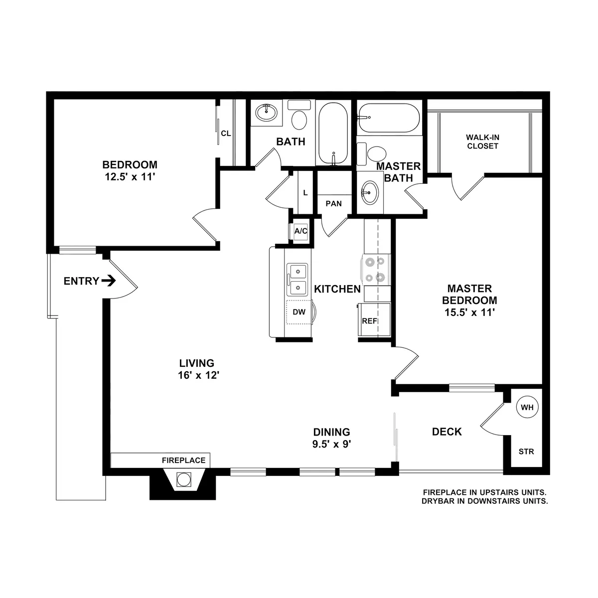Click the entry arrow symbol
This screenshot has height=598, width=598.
pyautogui.click(x=109, y=281)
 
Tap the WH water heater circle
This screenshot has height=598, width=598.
pyautogui.click(x=527, y=407)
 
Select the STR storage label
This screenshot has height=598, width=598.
pyautogui.click(x=526, y=452)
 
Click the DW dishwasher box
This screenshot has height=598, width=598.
pyautogui.click(x=299, y=312)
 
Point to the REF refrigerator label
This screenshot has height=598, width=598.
pyautogui.click(x=369, y=321)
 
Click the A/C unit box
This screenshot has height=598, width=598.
pyautogui.click(x=301, y=231)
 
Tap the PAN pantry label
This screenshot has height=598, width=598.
pyautogui.click(x=333, y=203)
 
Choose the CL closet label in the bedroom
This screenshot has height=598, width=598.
pyautogui.click(x=226, y=133)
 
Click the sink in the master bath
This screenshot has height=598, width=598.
pyautogui.click(x=370, y=191)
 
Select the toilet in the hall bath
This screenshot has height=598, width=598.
pyautogui.click(x=299, y=119)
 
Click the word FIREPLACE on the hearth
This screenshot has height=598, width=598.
pyautogui.click(x=183, y=460)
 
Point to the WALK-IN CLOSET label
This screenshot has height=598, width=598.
pyautogui.click(x=482, y=142)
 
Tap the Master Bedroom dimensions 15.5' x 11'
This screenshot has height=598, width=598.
pyautogui.click(x=469, y=312)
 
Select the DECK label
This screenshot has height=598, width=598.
pyautogui.click(x=447, y=432)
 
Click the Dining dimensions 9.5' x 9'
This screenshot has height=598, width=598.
pyautogui.click(x=331, y=445)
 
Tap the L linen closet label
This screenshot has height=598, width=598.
pyautogui.click(x=305, y=193)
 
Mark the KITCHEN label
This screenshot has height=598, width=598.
pyautogui.click(x=337, y=289)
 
